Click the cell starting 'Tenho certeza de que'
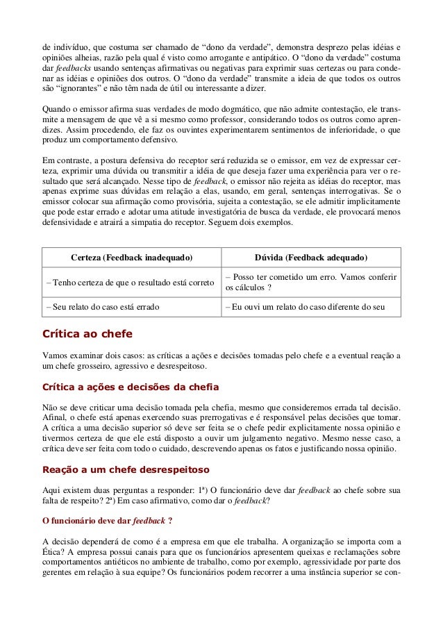tap(128, 283)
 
